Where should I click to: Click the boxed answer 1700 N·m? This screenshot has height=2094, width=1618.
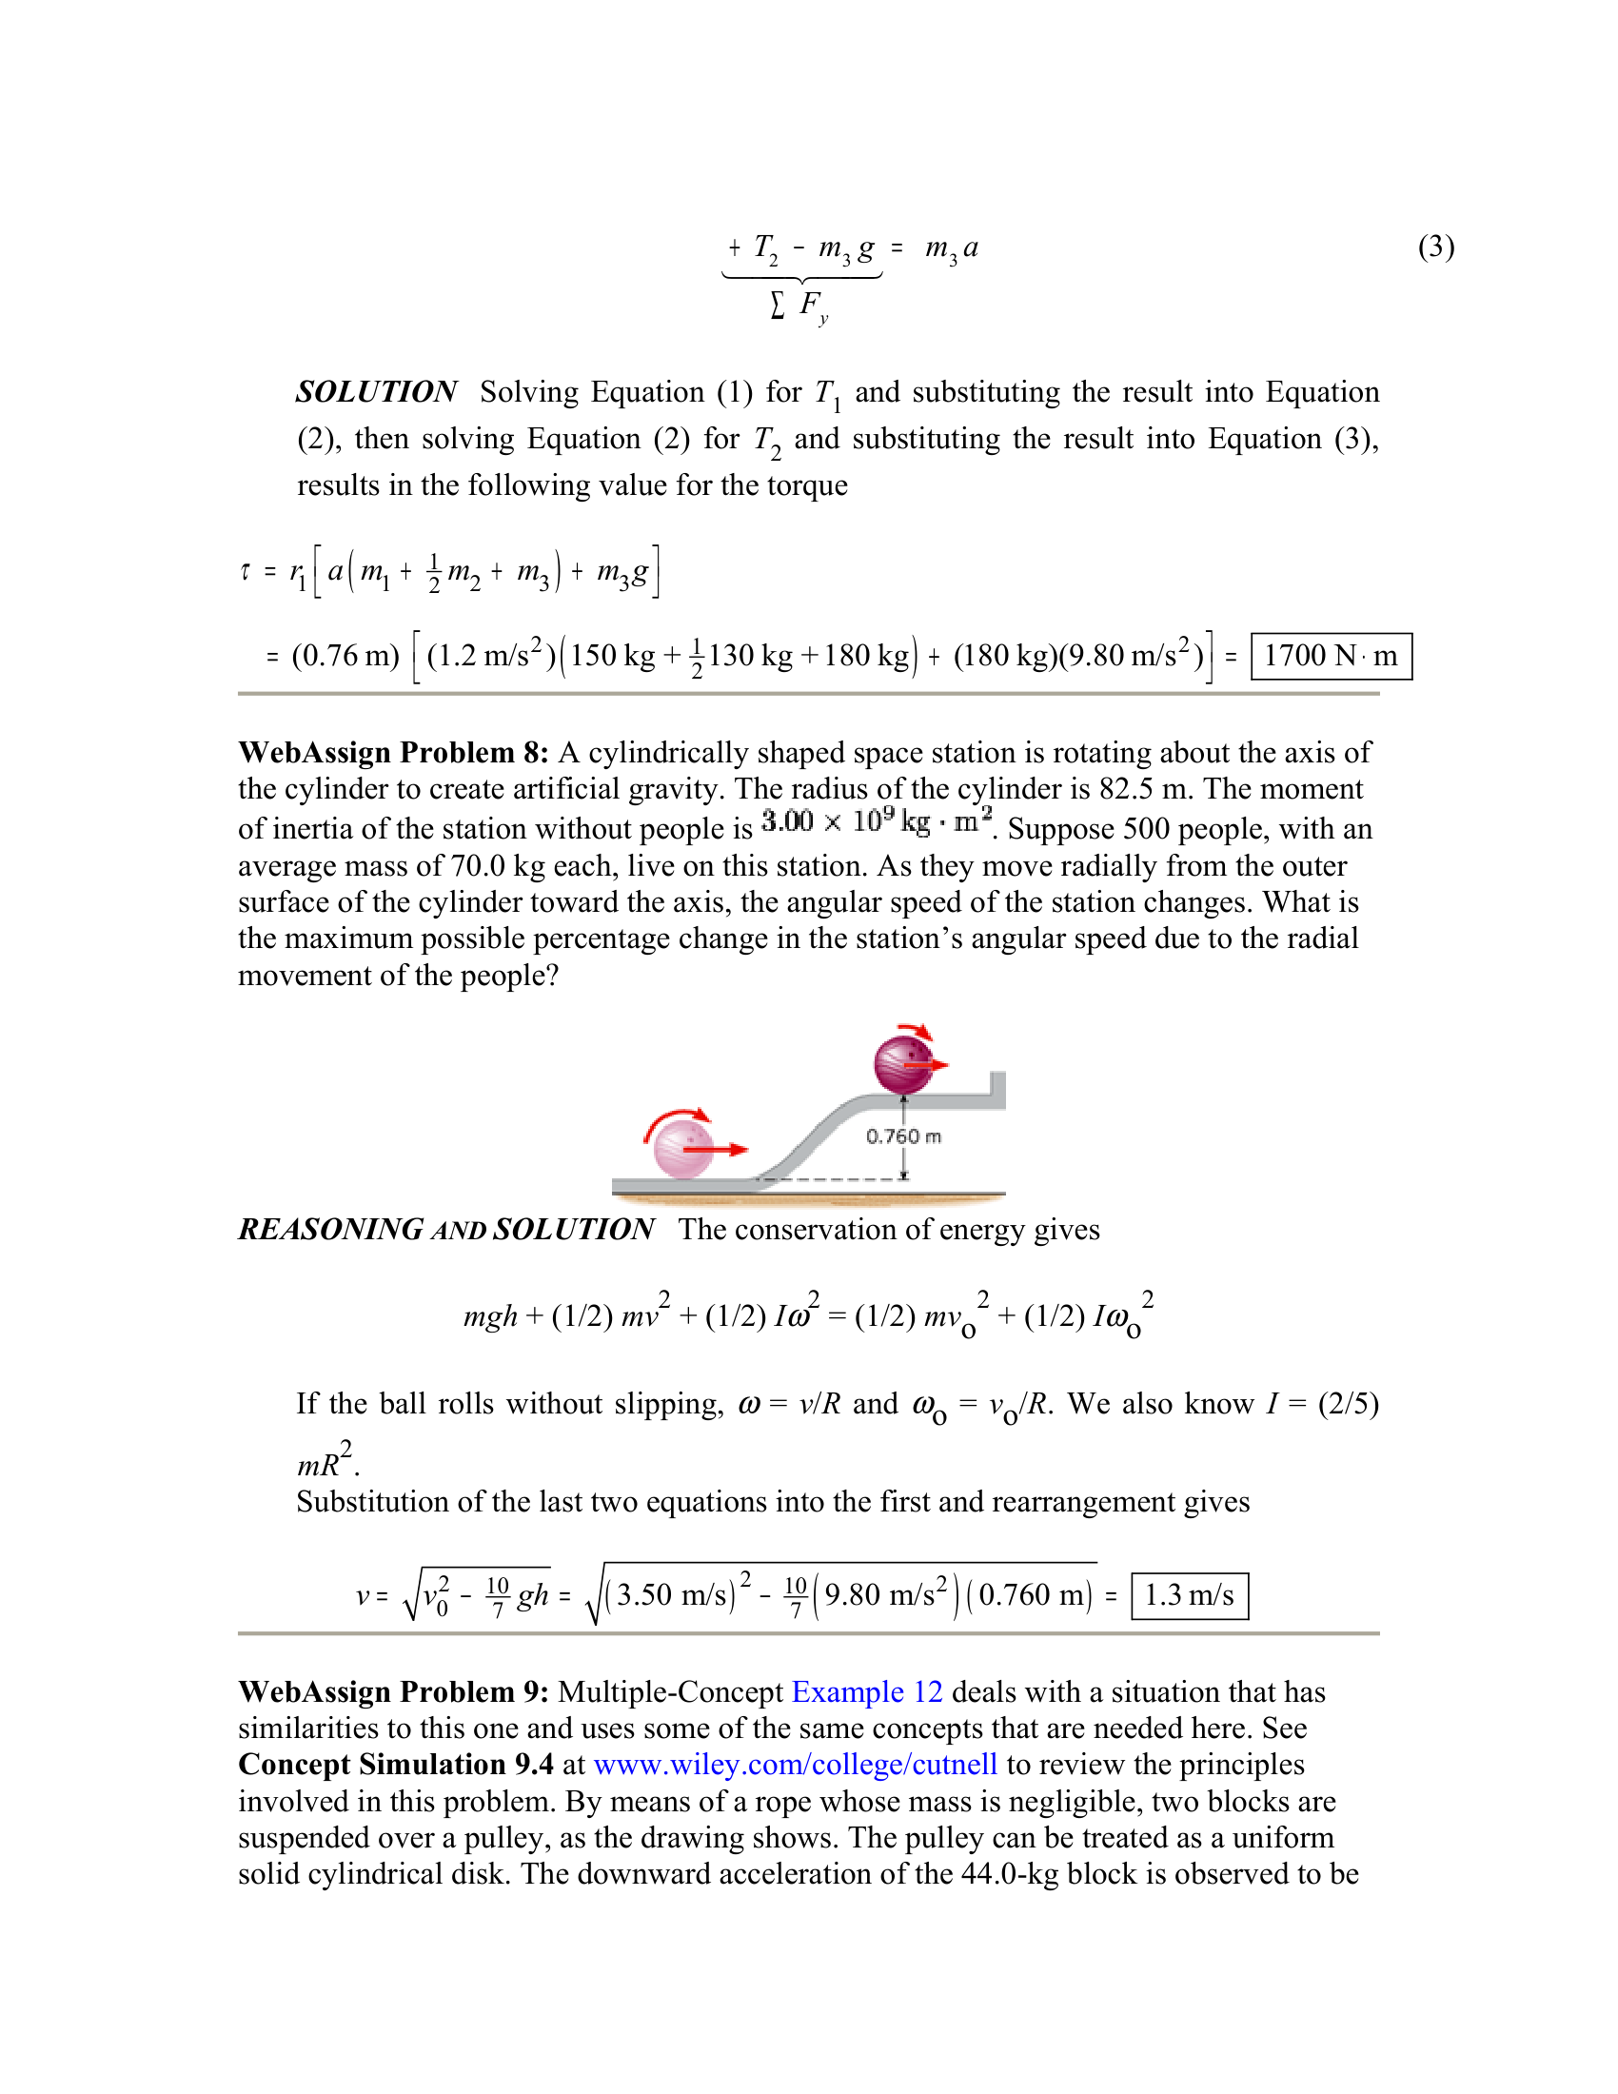point(1331,657)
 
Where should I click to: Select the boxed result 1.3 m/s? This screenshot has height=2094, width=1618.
point(1190,1595)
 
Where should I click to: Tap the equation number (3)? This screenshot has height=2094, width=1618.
point(1436,247)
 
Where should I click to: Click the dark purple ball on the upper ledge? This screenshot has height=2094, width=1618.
point(903,1064)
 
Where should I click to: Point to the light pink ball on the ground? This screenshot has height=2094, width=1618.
point(682,1148)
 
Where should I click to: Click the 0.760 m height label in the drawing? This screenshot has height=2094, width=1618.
point(903,1136)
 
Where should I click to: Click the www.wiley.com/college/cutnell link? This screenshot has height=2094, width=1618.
point(796,1765)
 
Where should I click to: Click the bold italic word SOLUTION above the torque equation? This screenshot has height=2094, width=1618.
point(376,392)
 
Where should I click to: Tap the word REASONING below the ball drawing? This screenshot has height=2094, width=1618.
point(329,1229)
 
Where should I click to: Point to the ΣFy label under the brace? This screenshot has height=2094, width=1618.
point(799,306)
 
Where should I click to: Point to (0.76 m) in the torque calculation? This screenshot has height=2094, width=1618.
point(345,657)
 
